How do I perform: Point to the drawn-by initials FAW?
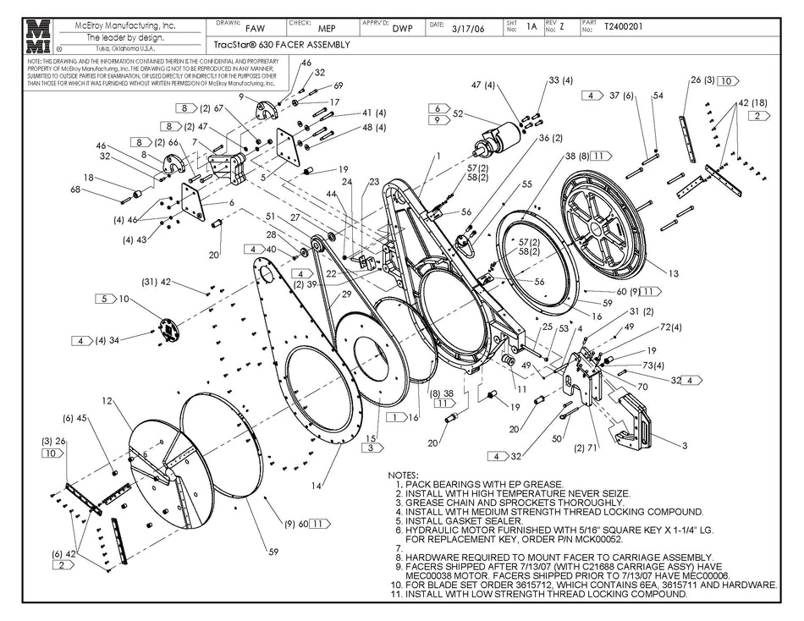pyautogui.click(x=243, y=27)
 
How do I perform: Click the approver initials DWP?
pyautogui.click(x=403, y=27)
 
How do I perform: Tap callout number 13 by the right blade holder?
pyautogui.click(x=673, y=273)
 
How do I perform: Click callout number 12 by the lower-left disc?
pyautogui.click(x=107, y=400)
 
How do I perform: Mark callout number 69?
pyautogui.click(x=338, y=85)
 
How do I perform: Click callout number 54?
pyautogui.click(x=657, y=96)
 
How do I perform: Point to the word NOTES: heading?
pyautogui.click(x=404, y=475)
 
